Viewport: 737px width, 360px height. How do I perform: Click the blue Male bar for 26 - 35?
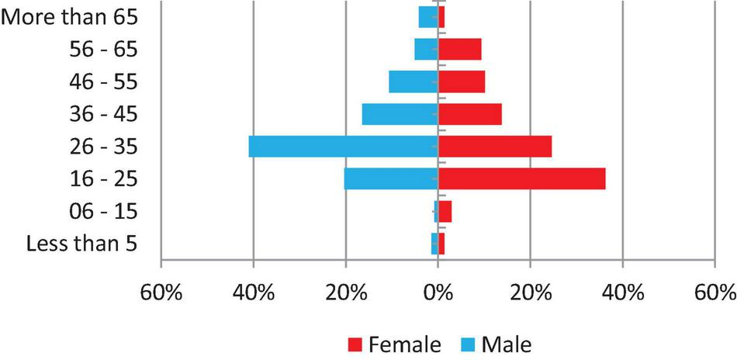[343, 147]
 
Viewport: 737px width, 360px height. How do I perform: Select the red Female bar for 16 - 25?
[521, 179]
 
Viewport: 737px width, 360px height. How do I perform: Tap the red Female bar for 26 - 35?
[495, 147]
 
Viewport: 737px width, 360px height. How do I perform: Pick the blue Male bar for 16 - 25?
[391, 179]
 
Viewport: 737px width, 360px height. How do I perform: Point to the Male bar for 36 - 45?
[400, 114]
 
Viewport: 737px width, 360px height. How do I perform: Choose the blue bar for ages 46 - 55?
[413, 81]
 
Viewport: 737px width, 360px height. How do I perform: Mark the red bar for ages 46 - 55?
[462, 81]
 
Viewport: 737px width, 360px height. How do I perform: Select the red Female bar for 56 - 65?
[460, 49]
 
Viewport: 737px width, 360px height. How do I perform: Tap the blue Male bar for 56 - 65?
[426, 49]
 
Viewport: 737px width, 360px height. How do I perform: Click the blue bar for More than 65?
[428, 17]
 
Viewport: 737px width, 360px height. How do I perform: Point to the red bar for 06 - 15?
[445, 212]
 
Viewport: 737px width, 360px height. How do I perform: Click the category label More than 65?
[70, 17]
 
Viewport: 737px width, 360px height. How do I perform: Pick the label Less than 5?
[82, 244]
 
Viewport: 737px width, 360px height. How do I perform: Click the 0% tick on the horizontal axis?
[438, 295]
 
